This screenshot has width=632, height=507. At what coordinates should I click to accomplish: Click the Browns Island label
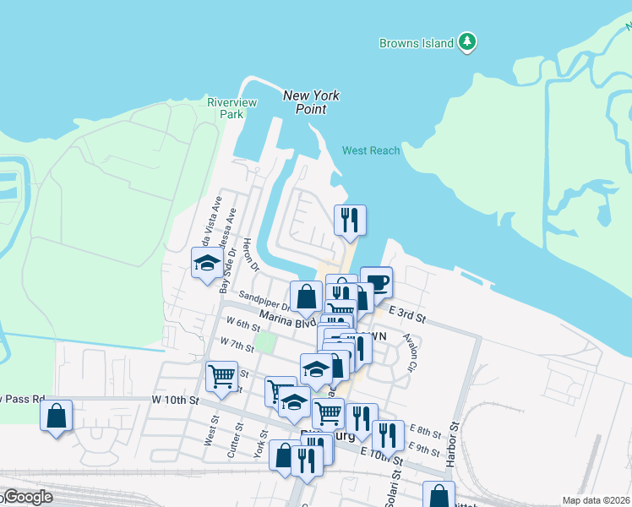click(417, 43)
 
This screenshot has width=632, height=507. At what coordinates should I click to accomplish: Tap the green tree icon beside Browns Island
click(467, 41)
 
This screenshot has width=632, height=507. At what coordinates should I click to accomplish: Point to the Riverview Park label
click(232, 107)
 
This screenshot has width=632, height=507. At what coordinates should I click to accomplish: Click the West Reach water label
click(371, 150)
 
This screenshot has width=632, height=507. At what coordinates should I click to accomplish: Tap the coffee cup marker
click(376, 282)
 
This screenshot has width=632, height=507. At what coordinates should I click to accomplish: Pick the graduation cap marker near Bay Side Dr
click(206, 264)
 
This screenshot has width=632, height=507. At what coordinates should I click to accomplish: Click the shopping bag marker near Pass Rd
click(56, 416)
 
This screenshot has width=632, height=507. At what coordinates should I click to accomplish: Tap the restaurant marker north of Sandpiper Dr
click(350, 220)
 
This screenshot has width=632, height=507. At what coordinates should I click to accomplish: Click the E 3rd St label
click(407, 315)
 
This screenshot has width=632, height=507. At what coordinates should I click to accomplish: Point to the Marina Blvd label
click(287, 318)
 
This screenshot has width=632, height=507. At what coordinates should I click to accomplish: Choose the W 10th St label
click(175, 399)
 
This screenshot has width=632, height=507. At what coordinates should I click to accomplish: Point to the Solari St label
click(391, 489)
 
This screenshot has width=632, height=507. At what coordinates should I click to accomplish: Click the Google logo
click(27, 498)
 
